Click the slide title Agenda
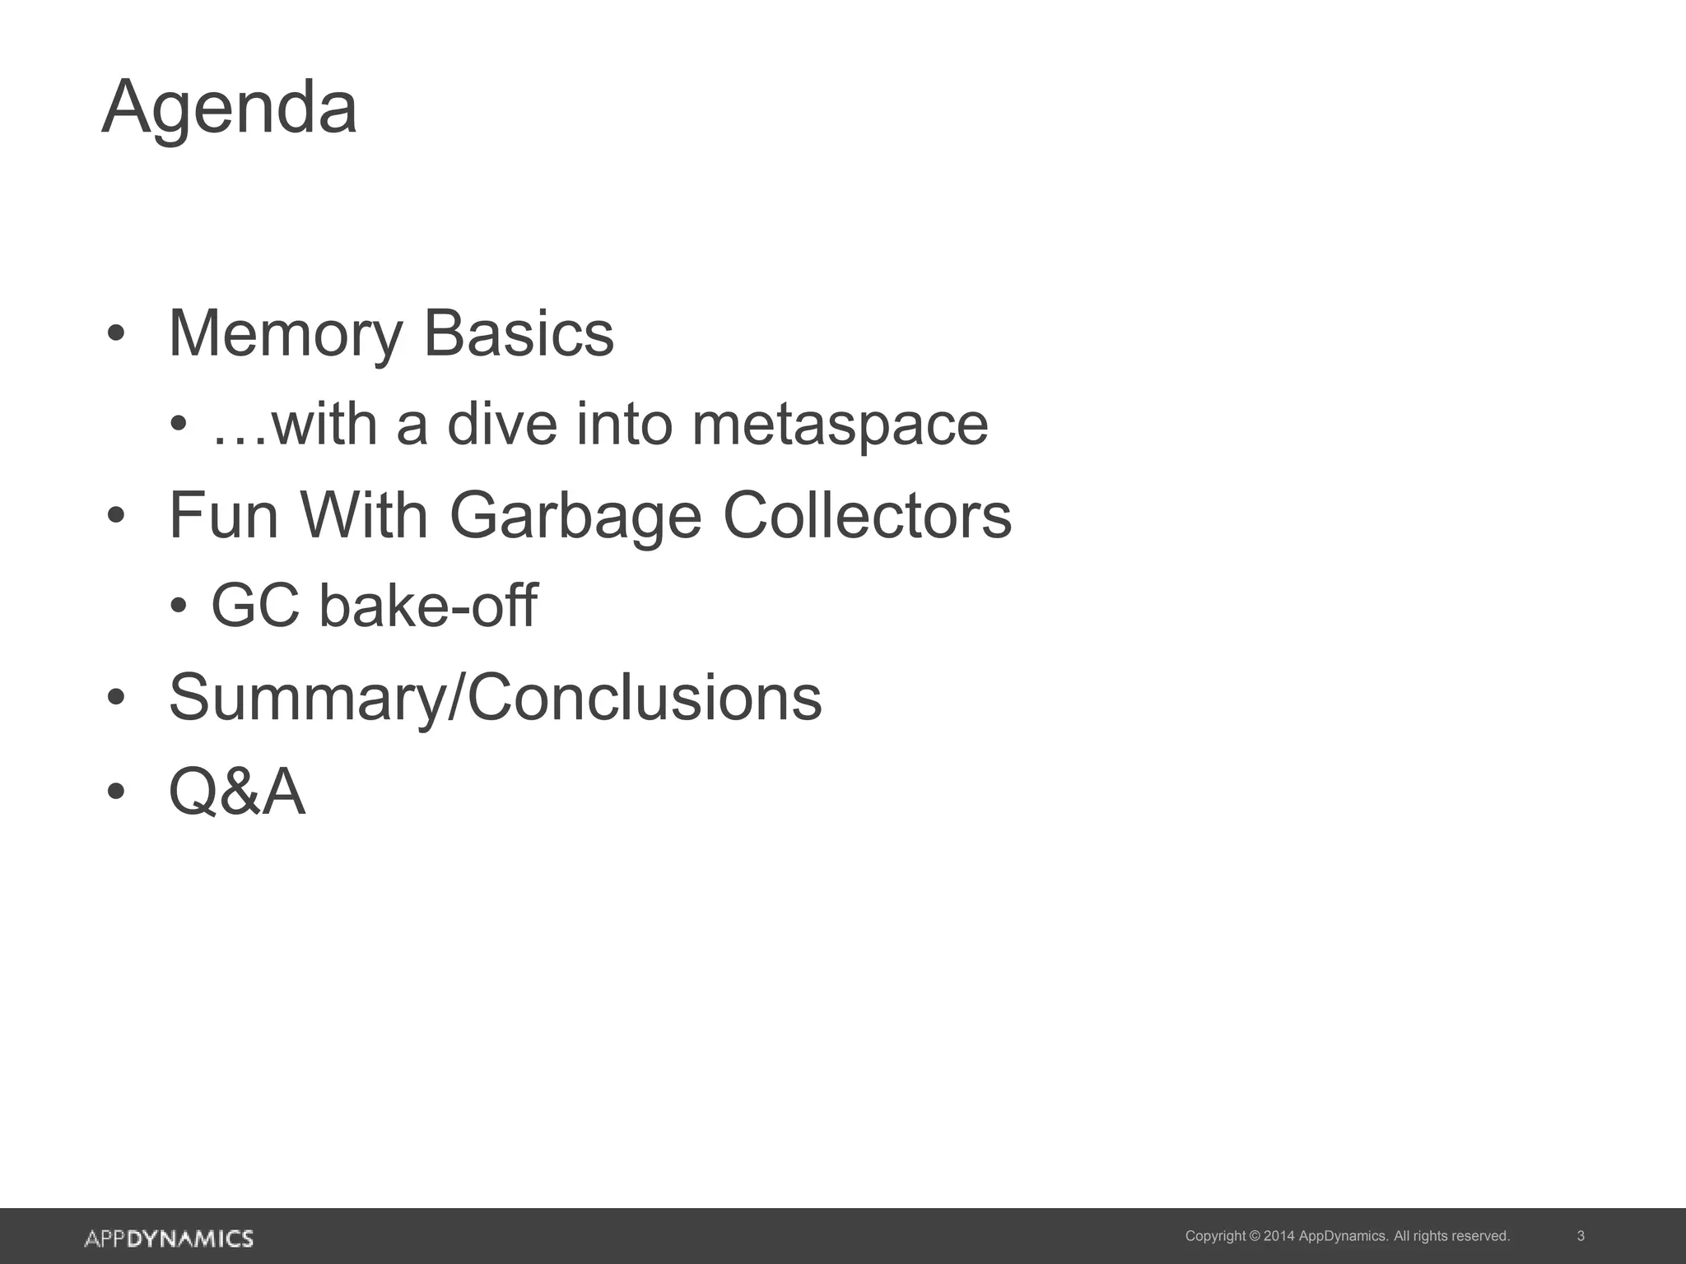(230, 108)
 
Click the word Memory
(285, 334)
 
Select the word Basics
(519, 334)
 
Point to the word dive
(502, 425)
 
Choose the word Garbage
(575, 516)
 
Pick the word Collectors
(867, 516)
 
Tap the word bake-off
(428, 606)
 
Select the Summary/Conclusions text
(495, 698)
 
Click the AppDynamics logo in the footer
(169, 1238)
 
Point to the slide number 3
(1581, 1236)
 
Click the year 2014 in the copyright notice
(1278, 1236)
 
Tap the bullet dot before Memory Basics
(116, 335)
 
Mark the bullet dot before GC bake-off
(179, 606)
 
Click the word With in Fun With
(364, 516)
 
